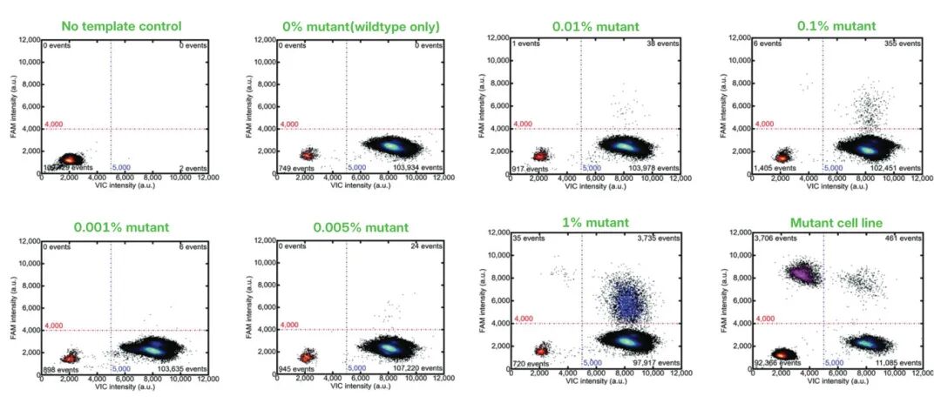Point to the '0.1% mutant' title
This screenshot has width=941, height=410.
pos(836,26)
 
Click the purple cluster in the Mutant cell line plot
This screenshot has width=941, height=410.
pos(802,275)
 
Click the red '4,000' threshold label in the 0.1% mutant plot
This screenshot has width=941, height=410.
pos(766,124)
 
